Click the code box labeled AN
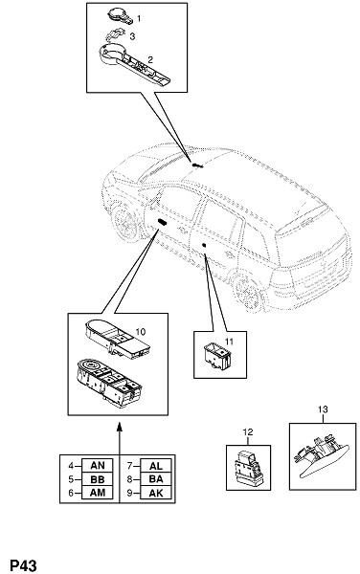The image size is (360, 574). point(98,466)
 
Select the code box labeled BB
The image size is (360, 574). point(98,479)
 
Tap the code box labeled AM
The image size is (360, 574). point(98,493)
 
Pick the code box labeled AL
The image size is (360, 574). point(156,466)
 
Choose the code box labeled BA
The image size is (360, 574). point(156,479)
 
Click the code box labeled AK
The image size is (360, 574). point(156,493)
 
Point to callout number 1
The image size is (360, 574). point(139,18)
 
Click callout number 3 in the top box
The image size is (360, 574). point(132,36)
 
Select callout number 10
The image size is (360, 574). point(140,332)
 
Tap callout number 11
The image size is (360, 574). point(229,342)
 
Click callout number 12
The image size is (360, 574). point(248,432)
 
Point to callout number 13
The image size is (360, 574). point(323,409)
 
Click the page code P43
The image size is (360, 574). point(23,565)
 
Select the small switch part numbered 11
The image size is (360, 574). point(216,357)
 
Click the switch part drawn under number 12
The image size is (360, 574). point(248,468)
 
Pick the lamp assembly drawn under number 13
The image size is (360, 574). point(322,455)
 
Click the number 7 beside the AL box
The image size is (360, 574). point(129,466)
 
